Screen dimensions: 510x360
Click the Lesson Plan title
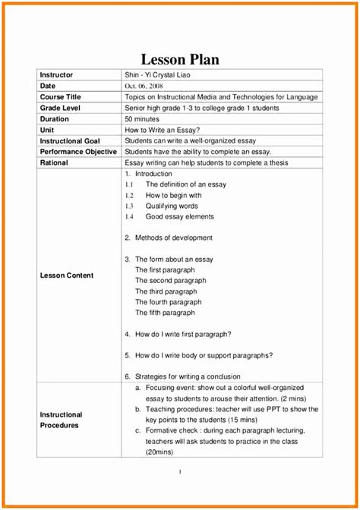pos(180,60)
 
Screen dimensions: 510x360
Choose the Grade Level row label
pos(61,109)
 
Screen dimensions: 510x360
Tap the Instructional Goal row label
pos(70,140)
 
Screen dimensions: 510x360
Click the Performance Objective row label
pos(78,152)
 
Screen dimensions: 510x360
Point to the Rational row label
pos(54,162)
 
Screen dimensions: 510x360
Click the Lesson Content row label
pos(67,275)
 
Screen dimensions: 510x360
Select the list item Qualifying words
pos(172,206)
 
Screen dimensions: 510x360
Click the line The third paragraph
pos(166,291)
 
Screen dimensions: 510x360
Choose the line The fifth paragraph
pos(165,313)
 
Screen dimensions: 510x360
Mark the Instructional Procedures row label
pos(61,420)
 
